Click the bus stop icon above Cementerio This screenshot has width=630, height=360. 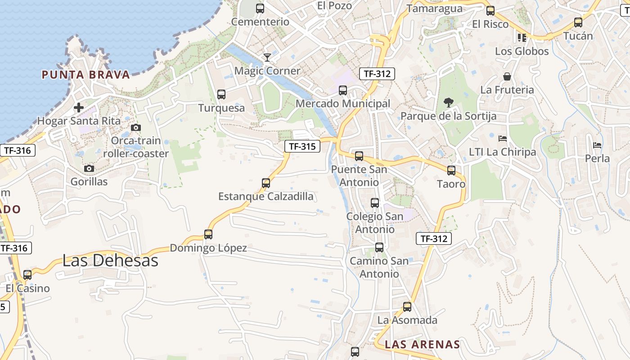tap(260, 8)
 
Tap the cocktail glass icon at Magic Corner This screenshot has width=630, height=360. tap(267, 57)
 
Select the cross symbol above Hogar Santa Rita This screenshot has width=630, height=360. tap(79, 108)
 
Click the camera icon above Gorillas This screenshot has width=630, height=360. tap(89, 168)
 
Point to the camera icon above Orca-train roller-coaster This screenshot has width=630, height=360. tap(135, 128)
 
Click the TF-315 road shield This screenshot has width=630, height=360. tap(302, 146)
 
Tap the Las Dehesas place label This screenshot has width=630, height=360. tap(110, 261)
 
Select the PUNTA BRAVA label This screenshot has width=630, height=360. tap(86, 75)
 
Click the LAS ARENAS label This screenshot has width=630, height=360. tap(423, 345)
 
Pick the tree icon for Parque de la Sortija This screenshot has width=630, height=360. tap(448, 103)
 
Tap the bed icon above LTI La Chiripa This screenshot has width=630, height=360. tap(503, 138)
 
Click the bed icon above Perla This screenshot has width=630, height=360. tap(597, 145)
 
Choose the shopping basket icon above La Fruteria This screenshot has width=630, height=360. tap(507, 76)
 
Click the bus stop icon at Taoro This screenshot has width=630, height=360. tap(451, 171)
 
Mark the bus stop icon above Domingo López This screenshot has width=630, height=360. tap(208, 234)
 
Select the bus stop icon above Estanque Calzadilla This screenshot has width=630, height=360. tap(266, 183)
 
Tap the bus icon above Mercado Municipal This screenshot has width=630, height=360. tap(343, 90)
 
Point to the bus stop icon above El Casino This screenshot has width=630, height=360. tap(27, 275)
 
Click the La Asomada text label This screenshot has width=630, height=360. tap(407, 320)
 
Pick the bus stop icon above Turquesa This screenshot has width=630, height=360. tap(221, 94)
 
